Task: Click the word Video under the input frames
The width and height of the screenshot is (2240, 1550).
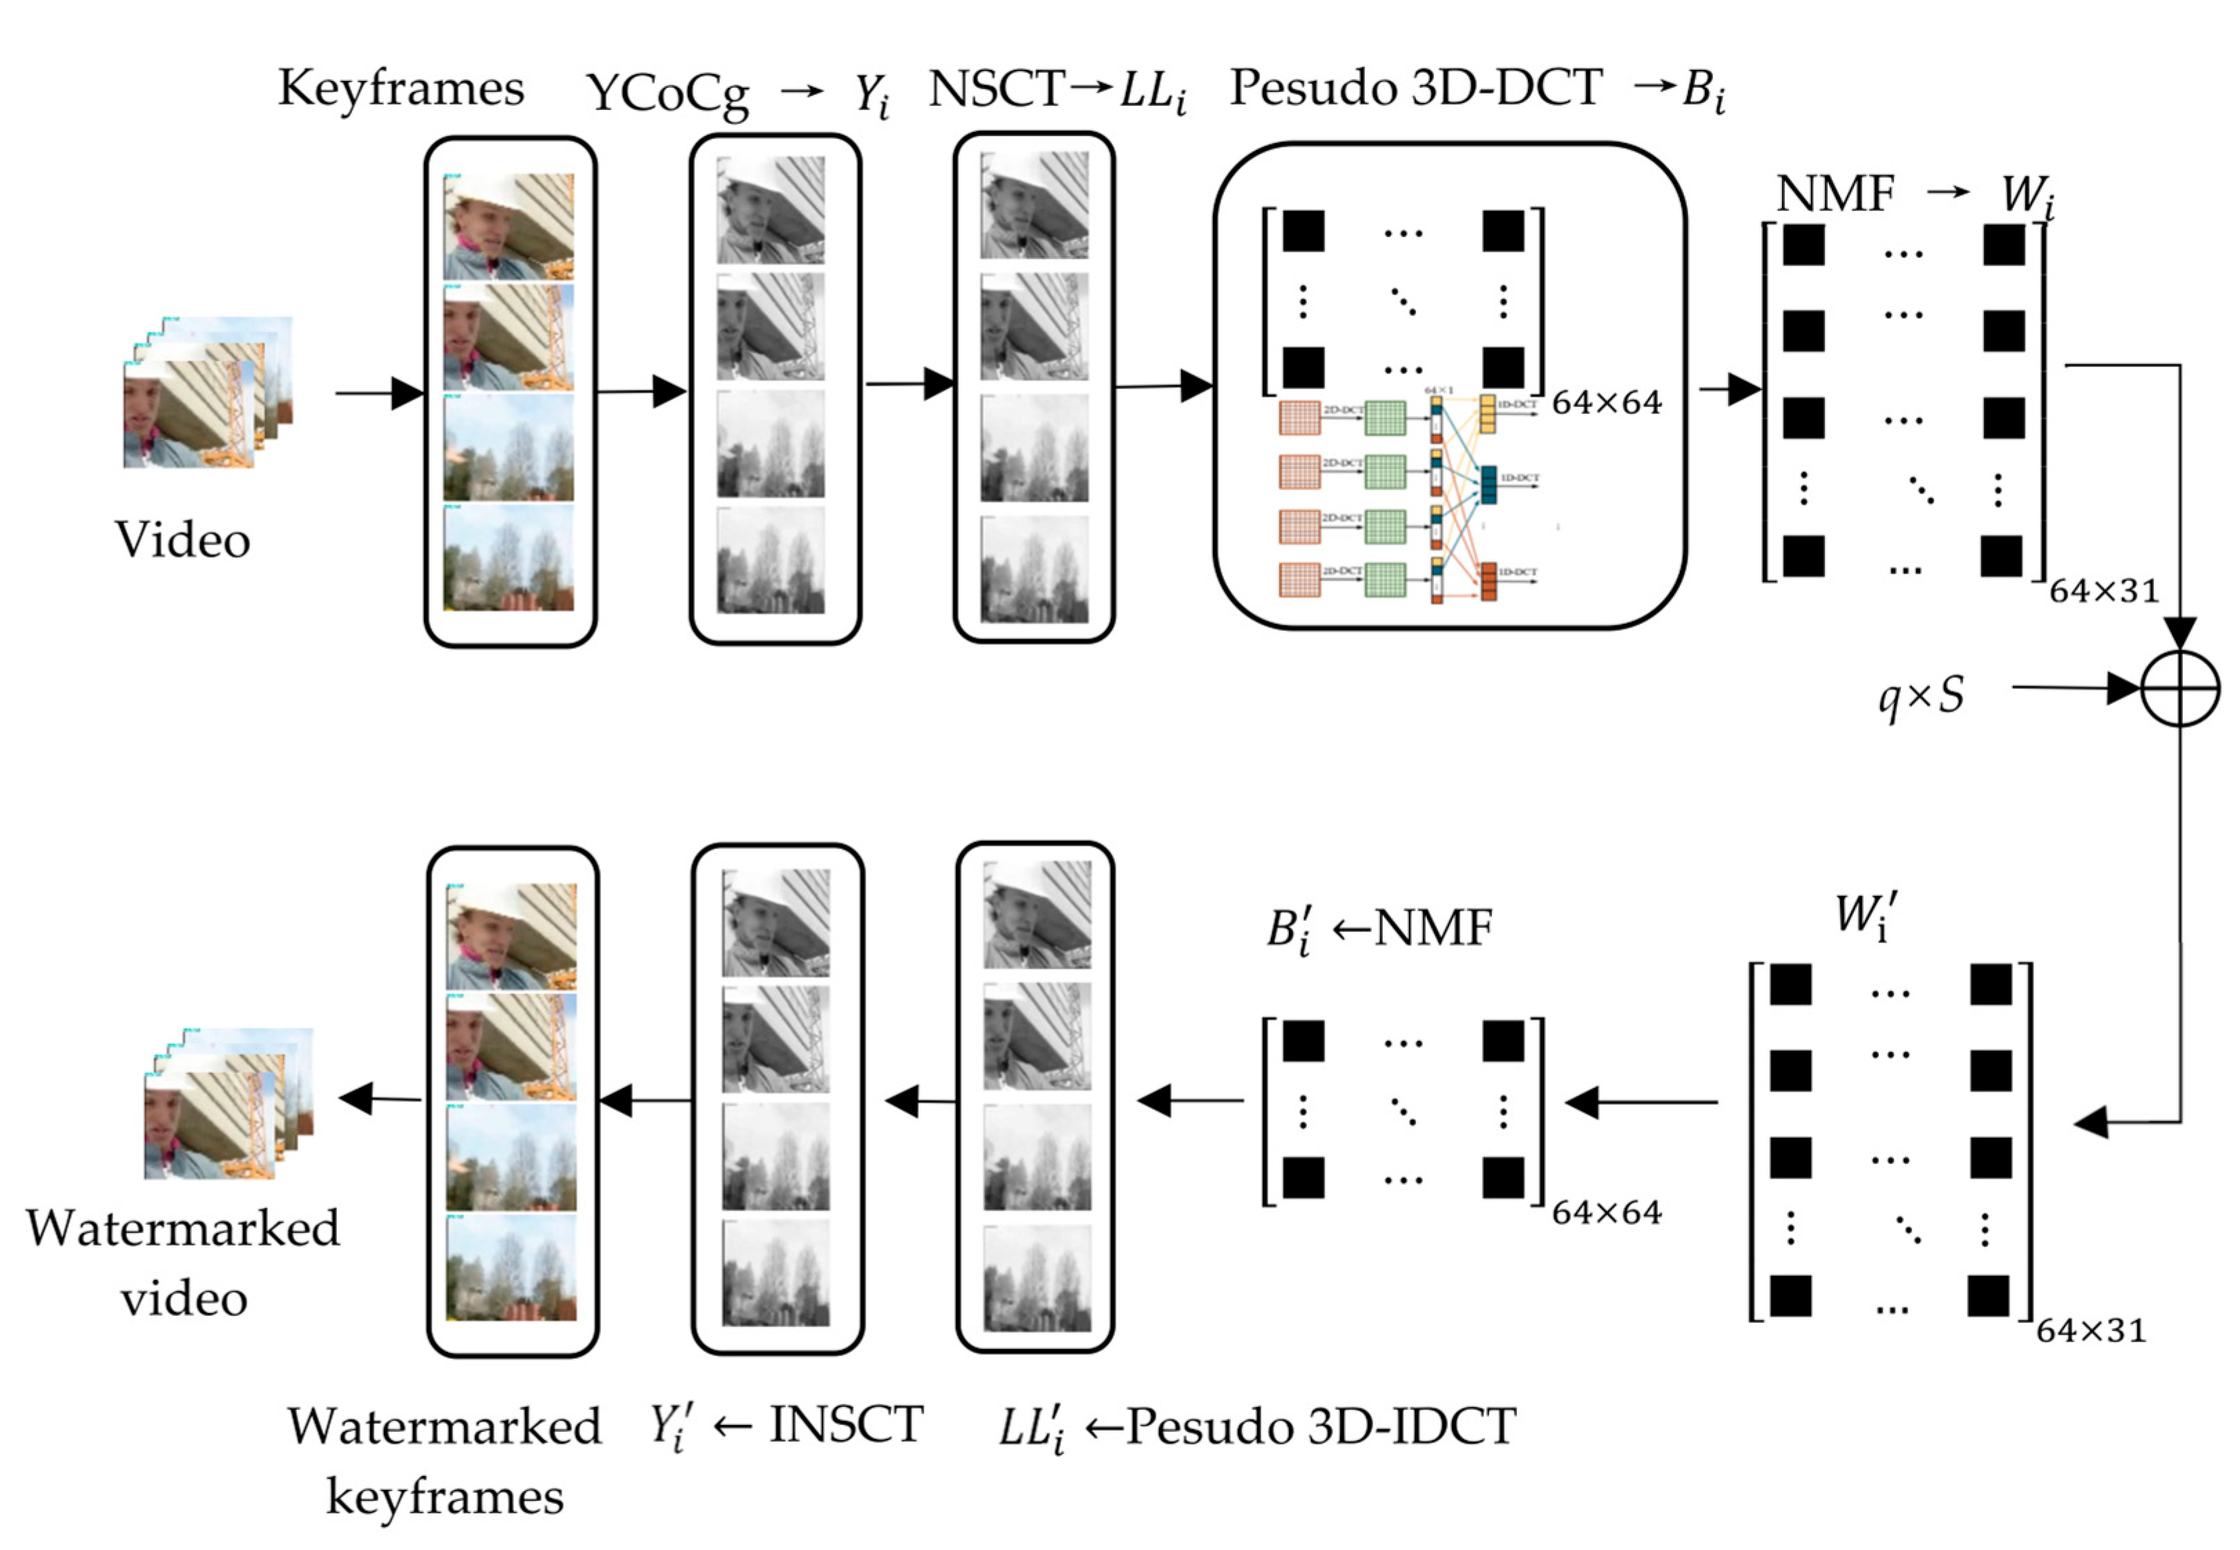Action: click(182, 539)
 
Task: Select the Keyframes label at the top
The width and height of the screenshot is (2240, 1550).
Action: click(400, 88)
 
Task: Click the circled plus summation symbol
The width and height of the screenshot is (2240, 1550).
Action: click(2180, 688)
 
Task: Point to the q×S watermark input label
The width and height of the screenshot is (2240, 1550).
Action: click(1920, 695)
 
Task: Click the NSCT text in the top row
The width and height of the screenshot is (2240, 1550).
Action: click(995, 89)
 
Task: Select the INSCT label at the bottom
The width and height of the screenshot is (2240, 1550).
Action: click(845, 1425)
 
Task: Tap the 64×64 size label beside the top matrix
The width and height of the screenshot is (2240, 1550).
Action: click(1607, 402)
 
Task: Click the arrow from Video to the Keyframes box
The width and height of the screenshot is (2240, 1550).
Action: click(379, 394)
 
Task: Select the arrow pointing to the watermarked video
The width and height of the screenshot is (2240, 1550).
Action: click(379, 1099)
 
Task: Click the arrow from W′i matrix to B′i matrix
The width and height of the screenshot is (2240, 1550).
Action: click(1642, 1103)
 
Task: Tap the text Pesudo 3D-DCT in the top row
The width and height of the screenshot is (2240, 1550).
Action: click(1415, 88)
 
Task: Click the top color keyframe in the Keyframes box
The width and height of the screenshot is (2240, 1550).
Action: click(509, 226)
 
